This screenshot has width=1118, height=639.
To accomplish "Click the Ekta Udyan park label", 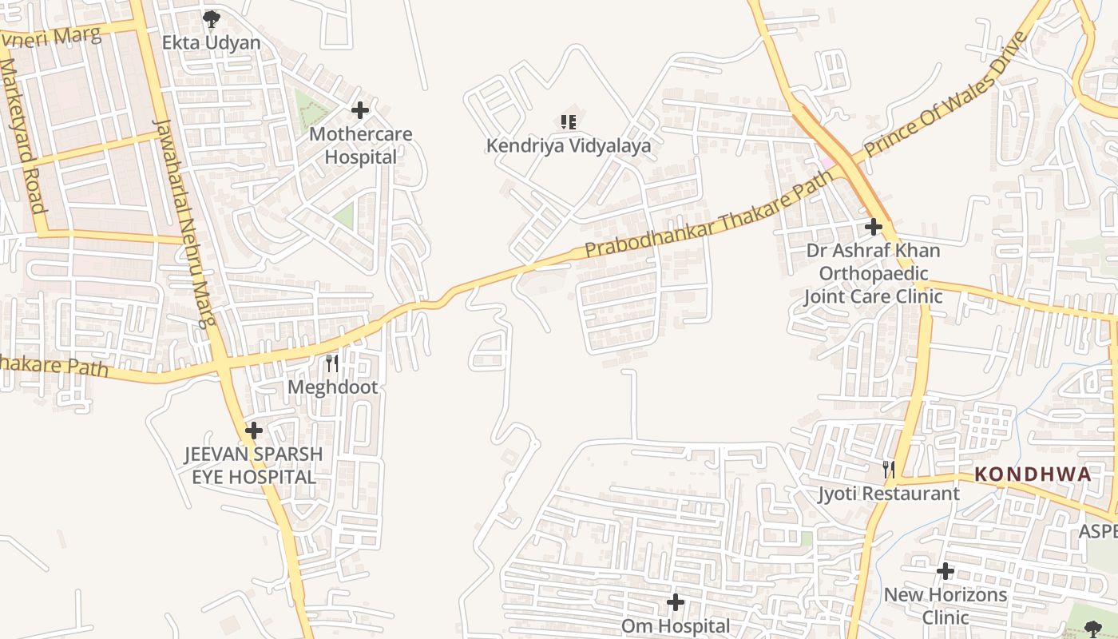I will click(212, 42).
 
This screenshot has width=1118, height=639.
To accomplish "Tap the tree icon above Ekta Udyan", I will click(211, 18).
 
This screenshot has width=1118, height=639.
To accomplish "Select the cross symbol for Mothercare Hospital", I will click(360, 110).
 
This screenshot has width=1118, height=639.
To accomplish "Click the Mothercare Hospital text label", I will click(361, 145).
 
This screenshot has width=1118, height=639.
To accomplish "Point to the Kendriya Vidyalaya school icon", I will click(568, 122).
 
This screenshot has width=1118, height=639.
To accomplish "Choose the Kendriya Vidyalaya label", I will click(569, 146).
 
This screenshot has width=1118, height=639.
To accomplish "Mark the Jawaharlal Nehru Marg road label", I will click(184, 224).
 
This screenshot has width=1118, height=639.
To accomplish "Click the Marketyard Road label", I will click(20, 137).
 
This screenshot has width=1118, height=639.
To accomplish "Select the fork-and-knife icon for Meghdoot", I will click(332, 364).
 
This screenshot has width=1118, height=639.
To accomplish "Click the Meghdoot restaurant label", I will click(332, 387).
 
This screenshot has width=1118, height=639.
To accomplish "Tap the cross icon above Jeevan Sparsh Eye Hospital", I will click(254, 431).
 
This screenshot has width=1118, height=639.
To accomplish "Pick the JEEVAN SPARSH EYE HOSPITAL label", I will click(254, 466).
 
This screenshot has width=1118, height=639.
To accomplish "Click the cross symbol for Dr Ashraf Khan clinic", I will click(874, 227).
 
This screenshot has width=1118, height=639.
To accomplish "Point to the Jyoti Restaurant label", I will click(888, 494).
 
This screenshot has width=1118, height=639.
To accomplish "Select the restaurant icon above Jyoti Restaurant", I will click(888, 469).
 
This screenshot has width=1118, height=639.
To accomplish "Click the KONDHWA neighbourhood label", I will click(1032, 474).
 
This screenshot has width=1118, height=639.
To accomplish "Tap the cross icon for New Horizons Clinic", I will click(946, 571).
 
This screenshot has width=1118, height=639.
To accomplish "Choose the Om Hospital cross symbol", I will click(676, 602).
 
